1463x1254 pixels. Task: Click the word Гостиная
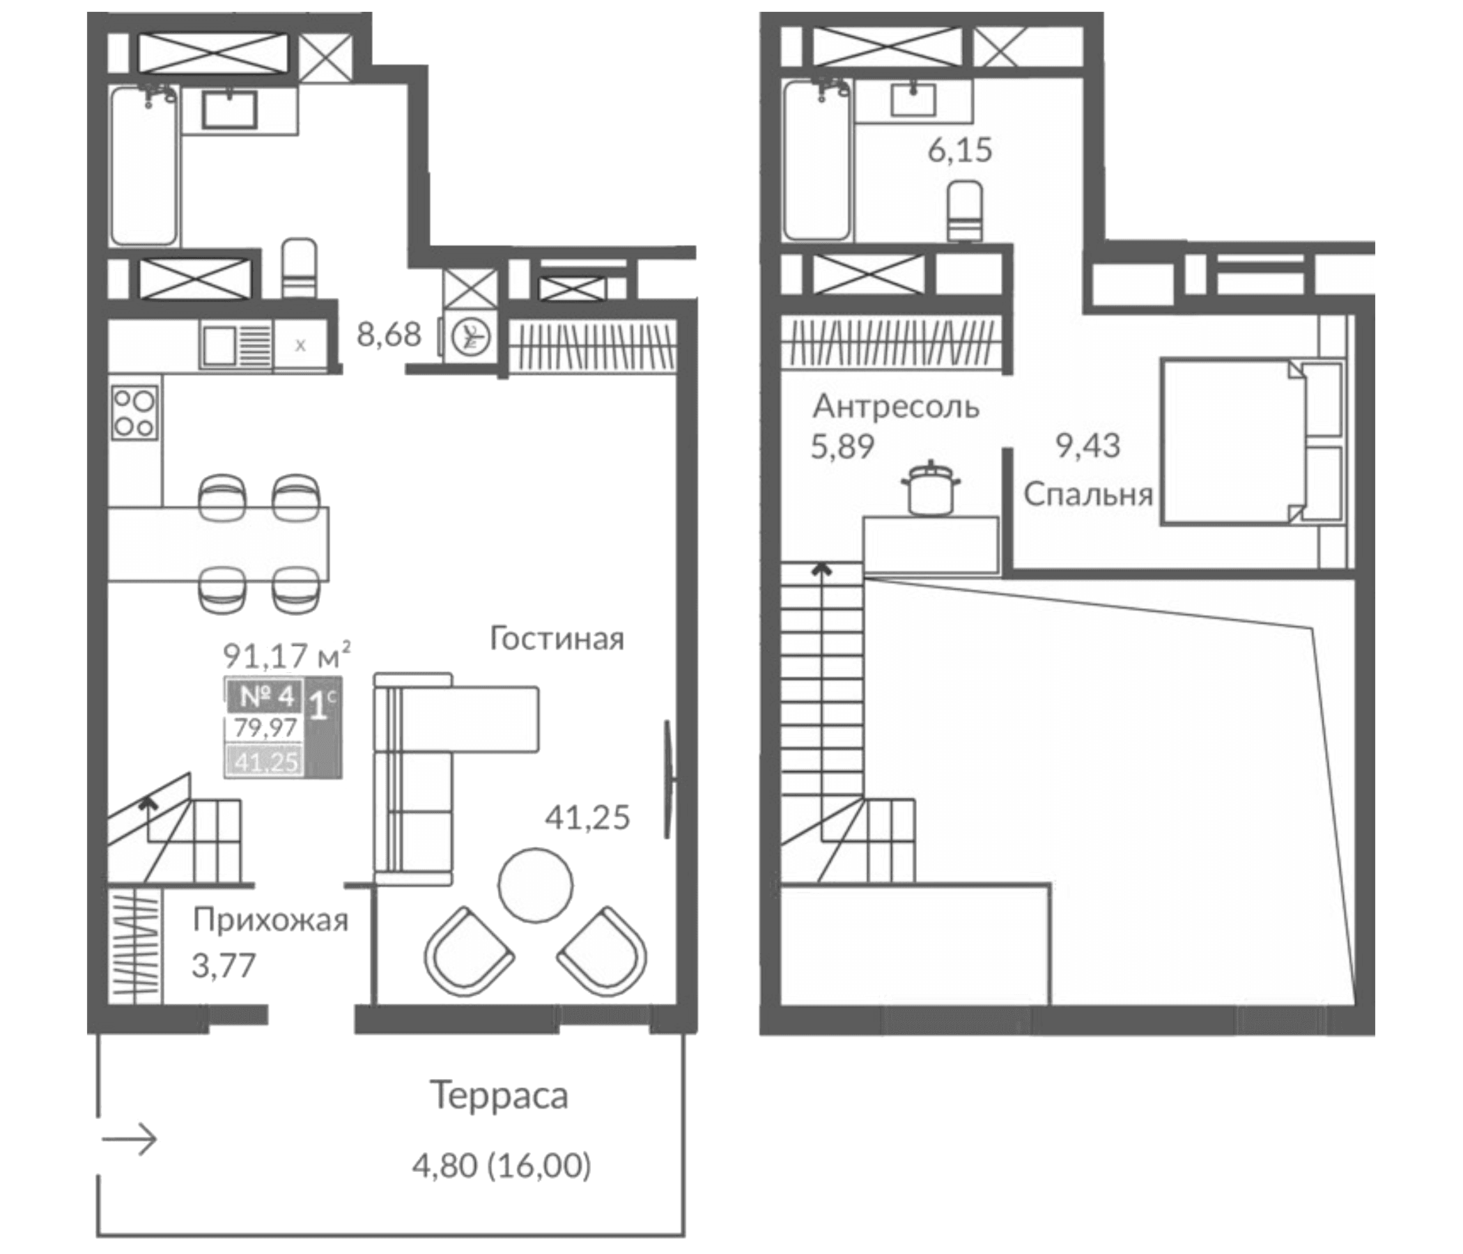click(x=557, y=640)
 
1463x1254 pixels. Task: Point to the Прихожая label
click(x=271, y=922)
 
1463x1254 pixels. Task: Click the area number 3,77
click(x=223, y=965)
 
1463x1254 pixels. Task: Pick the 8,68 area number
click(x=389, y=334)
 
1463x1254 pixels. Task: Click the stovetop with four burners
click(x=134, y=412)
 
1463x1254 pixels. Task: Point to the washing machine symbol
click(x=473, y=336)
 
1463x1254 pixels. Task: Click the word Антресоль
click(x=896, y=408)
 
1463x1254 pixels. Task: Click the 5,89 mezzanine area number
click(x=843, y=447)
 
